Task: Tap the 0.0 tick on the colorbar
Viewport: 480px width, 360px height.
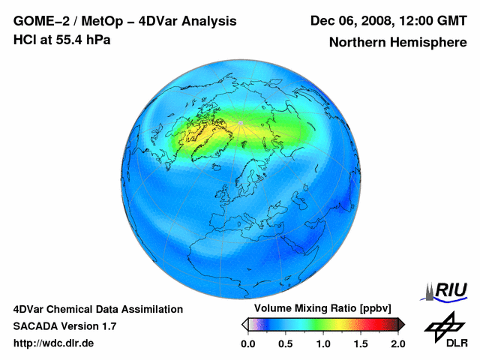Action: (247, 343)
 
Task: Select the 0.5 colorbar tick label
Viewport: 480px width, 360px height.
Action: (285, 343)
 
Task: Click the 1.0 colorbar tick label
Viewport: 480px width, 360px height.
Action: (322, 343)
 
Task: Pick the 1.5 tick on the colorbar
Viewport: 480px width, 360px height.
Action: (360, 343)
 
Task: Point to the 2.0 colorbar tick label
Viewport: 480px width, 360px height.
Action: (397, 343)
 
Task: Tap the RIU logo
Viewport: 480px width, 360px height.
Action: (447, 290)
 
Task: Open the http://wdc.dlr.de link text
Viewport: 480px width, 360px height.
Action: (54, 343)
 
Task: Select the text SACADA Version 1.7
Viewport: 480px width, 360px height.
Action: (64, 326)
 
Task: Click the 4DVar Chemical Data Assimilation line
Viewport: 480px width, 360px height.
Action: (98, 309)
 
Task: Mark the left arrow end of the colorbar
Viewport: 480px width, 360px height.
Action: (244, 324)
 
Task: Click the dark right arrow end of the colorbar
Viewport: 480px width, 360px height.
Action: (401, 324)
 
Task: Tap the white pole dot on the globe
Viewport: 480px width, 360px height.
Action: (240, 122)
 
